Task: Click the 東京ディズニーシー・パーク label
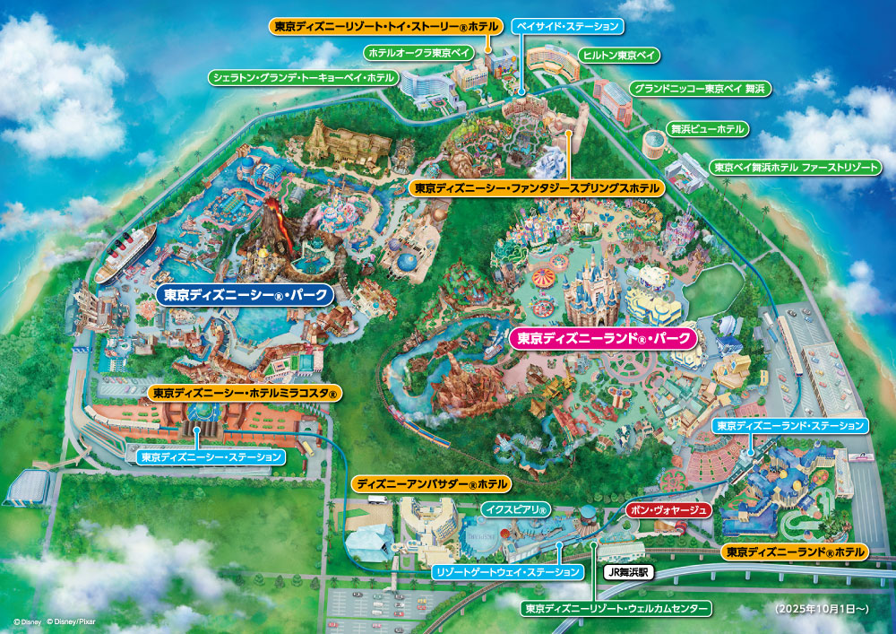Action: click(245, 294)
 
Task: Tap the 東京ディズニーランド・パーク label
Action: click(602, 339)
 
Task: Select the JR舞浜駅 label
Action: click(630, 570)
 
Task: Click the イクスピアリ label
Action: click(516, 510)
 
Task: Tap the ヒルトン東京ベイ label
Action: click(618, 56)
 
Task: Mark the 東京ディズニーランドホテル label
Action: click(795, 551)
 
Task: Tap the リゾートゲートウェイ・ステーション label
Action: click(506, 571)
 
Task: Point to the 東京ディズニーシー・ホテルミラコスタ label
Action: click(244, 393)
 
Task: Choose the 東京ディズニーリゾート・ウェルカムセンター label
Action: click(618, 609)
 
